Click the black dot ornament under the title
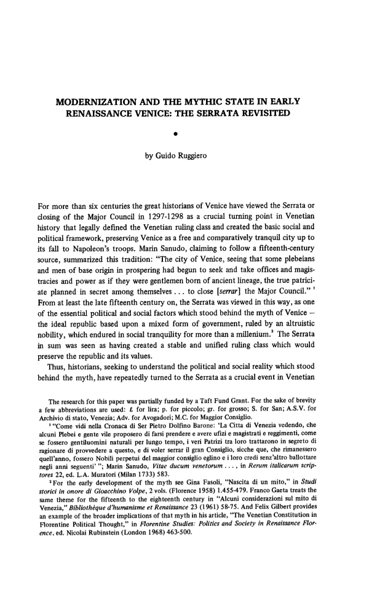tap(194, 133)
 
